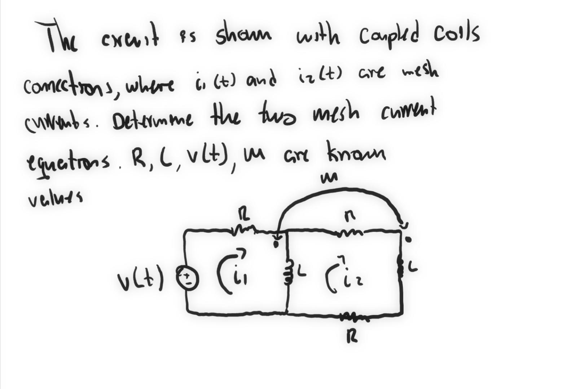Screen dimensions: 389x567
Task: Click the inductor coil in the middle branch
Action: [x=288, y=275]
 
